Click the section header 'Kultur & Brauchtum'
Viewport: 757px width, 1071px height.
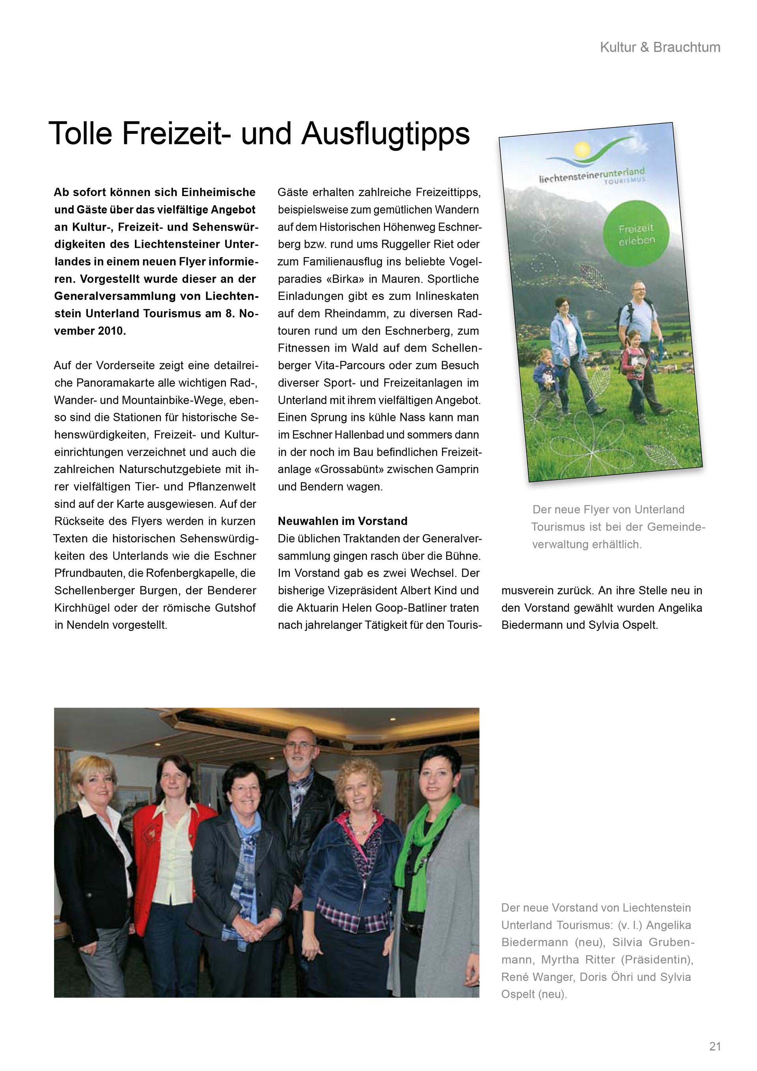coord(660,47)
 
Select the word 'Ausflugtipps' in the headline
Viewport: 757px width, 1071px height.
coord(386,134)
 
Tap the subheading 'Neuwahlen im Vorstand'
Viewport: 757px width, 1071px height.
coord(343,521)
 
